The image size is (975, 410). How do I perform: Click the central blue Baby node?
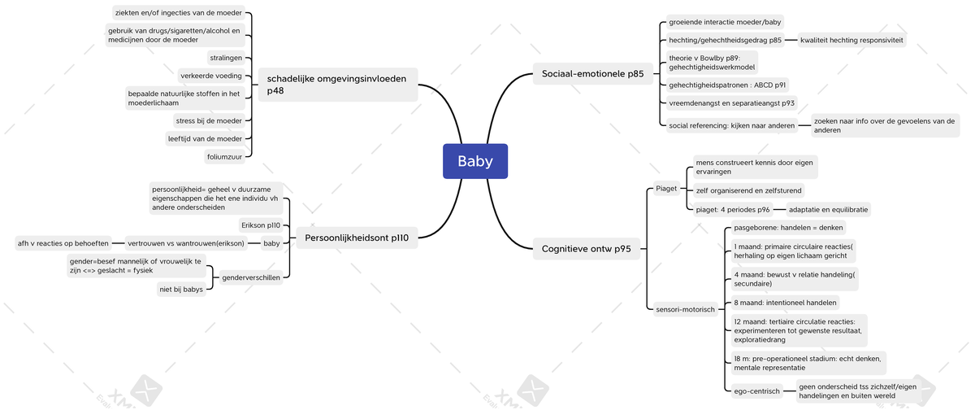click(475, 161)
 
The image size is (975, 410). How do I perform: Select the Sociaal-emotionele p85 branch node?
click(592, 74)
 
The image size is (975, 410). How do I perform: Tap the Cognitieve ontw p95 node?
click(586, 249)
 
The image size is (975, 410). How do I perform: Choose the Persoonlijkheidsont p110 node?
click(357, 238)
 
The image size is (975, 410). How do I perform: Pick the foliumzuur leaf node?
click(225, 156)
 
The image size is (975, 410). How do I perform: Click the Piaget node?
click(666, 190)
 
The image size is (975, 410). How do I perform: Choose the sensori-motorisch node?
click(685, 309)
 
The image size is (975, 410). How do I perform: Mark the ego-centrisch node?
click(756, 391)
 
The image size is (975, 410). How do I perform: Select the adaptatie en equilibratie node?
click(828, 209)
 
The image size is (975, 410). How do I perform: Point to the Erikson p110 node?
click(261, 225)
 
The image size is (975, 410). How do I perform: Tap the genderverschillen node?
click(251, 277)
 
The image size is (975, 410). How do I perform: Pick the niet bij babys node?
click(181, 289)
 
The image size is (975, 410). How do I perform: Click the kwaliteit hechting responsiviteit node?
click(851, 40)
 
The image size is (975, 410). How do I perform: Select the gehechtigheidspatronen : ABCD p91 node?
click(727, 85)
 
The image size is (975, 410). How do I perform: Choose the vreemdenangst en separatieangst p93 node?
click(731, 103)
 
